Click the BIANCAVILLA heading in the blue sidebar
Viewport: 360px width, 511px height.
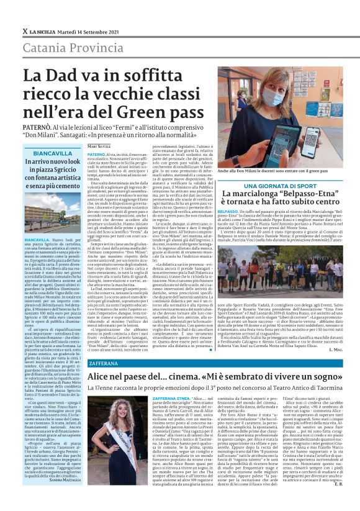click(53, 153)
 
